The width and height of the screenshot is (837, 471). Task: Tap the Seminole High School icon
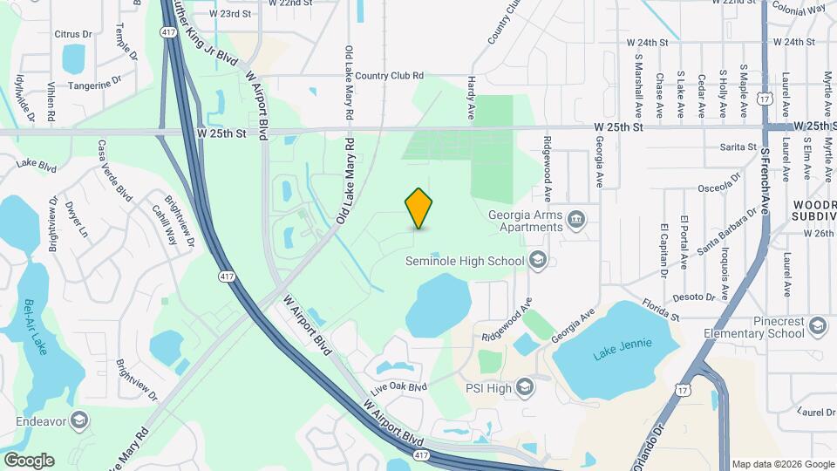coord(538,260)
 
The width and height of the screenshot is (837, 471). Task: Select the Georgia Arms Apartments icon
coord(575,218)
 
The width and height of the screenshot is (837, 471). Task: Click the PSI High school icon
coord(524,386)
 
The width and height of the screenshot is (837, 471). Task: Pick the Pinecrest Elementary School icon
coord(817,326)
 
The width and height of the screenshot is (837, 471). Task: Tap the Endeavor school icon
coord(80,420)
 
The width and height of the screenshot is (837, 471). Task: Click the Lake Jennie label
coord(616,353)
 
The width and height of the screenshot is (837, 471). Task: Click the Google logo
coord(28,460)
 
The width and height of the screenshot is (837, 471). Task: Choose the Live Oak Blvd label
coord(399,386)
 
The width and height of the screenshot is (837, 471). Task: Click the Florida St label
coord(660,307)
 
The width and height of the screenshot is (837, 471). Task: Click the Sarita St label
coord(738,147)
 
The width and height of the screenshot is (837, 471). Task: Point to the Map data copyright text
coord(781,464)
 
